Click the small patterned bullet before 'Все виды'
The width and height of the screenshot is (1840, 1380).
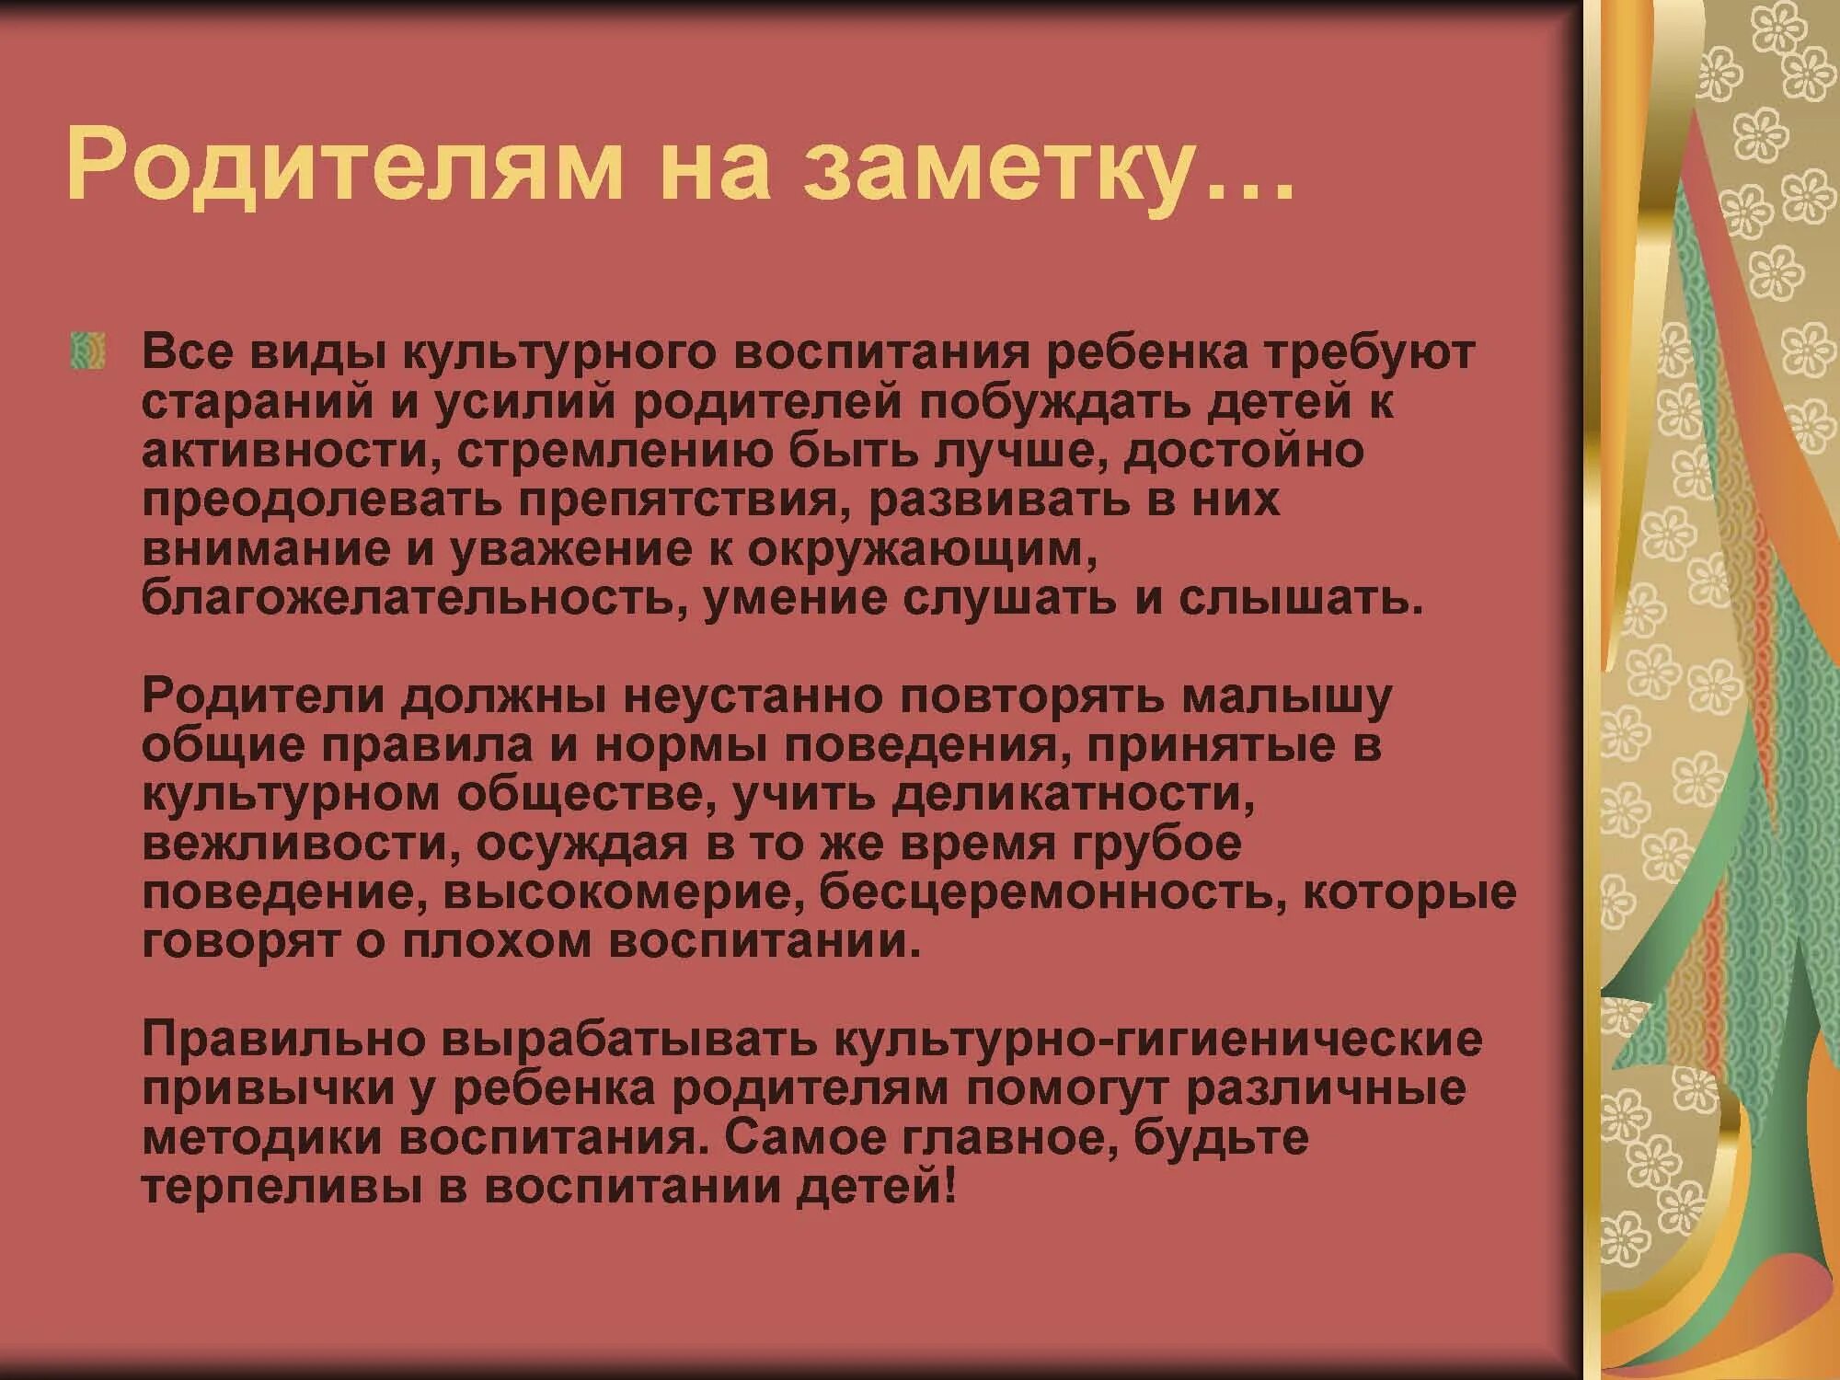[87, 352]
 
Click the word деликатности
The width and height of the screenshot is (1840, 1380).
[1073, 795]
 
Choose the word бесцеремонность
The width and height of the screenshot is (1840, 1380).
[1049, 893]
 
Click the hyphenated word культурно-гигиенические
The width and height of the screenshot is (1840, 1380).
[1157, 1040]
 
